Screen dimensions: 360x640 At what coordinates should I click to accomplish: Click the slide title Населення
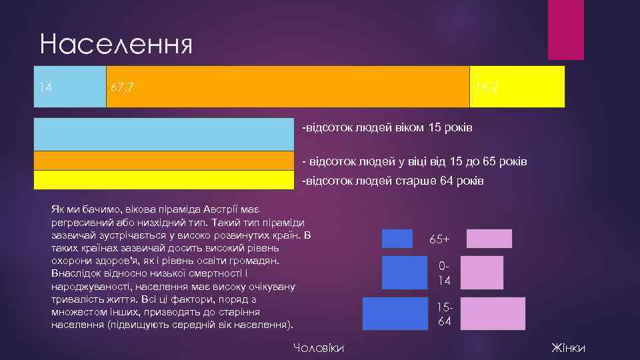pos(116,45)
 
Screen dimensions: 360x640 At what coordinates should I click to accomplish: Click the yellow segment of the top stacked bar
pos(527,87)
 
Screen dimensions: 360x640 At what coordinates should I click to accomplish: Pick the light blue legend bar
pos(164,134)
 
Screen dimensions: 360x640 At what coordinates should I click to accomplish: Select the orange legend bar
pos(164,161)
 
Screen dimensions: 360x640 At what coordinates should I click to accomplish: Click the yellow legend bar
pos(164,181)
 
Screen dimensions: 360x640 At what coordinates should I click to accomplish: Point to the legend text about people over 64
pos(393,181)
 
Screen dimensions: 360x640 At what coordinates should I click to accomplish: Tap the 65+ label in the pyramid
pos(439,239)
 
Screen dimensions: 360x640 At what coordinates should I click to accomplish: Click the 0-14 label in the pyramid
pos(444,273)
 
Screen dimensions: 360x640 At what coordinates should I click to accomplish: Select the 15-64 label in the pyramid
pos(444,314)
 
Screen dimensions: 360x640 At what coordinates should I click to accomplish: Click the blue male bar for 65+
pos(397,239)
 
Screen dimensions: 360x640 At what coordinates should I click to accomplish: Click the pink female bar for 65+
pos(489,239)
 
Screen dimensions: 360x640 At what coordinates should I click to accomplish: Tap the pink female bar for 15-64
pos(493,313)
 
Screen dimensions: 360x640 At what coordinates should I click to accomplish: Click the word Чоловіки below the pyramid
pos(319,348)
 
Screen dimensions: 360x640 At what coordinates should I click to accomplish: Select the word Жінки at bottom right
pos(568,348)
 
